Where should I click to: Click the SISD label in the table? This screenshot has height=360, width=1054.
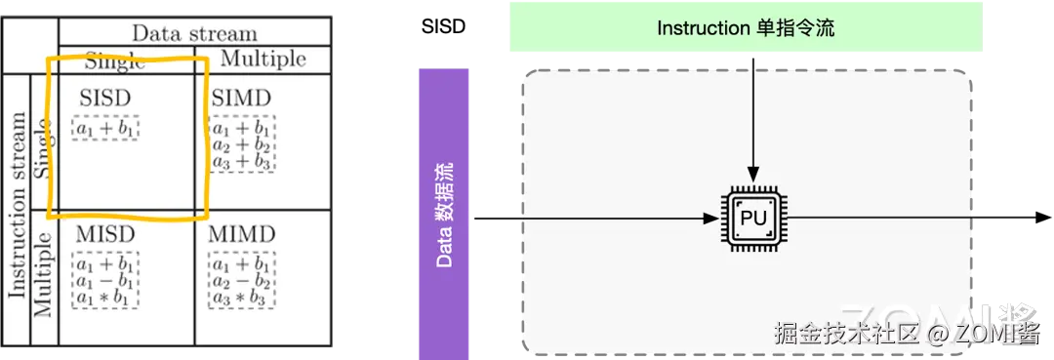click(x=105, y=99)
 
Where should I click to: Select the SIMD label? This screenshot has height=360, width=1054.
click(x=240, y=99)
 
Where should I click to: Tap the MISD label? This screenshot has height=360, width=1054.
click(x=105, y=235)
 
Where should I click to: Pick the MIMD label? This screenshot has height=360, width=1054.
click(x=242, y=235)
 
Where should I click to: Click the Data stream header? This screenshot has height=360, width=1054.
click(x=194, y=33)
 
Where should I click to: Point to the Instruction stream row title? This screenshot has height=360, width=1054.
click(x=18, y=205)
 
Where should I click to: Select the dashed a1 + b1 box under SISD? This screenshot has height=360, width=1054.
click(x=105, y=127)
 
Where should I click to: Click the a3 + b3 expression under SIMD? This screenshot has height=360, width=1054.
click(x=242, y=161)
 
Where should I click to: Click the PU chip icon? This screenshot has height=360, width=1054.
click(x=753, y=219)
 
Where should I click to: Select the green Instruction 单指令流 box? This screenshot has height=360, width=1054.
click(x=746, y=27)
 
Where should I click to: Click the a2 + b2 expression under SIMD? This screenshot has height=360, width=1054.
click(x=242, y=144)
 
